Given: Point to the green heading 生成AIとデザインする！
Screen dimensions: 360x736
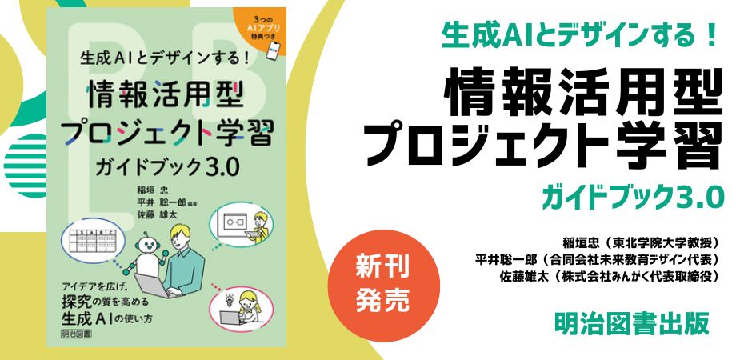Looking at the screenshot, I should [x=581, y=36].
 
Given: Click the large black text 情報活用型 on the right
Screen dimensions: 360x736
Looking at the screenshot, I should [x=582, y=90].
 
